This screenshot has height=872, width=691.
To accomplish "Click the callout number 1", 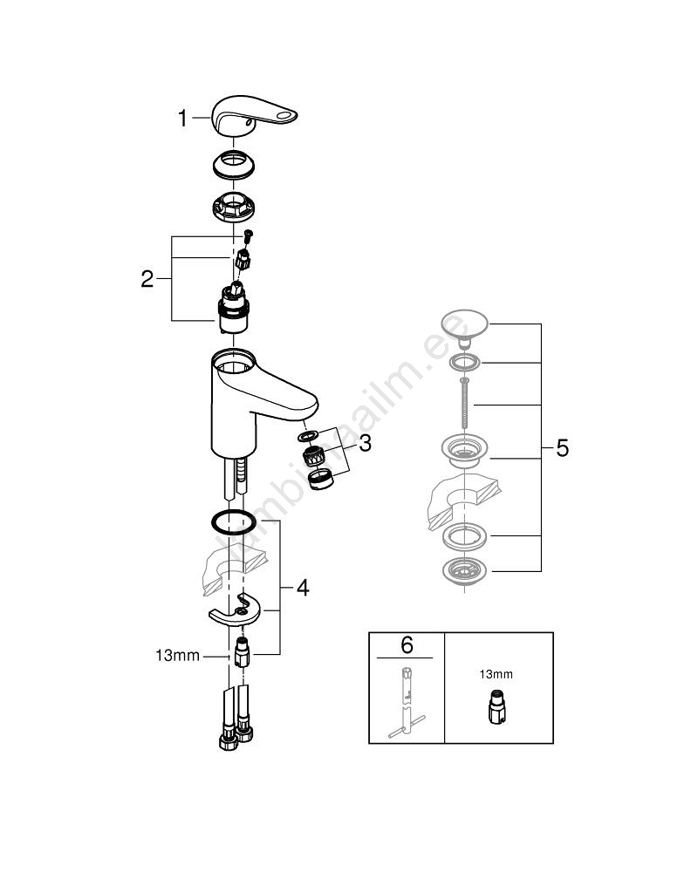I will (x=182, y=119).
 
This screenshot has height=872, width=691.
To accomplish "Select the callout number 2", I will (x=147, y=279).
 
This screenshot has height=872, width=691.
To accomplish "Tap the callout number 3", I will (x=365, y=443).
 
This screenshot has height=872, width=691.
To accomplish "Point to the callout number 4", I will (x=302, y=588).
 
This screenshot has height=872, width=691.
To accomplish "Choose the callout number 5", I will (x=562, y=448).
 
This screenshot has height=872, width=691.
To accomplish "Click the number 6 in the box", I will (x=407, y=645).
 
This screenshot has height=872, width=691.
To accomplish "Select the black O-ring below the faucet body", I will (x=233, y=522).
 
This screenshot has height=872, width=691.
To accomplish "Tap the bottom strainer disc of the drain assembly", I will (x=466, y=572).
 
